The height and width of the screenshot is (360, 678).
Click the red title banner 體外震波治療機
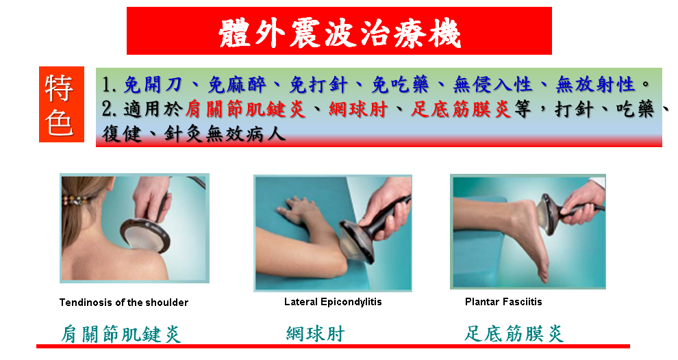(339, 31)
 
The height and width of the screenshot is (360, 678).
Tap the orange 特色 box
(62, 104)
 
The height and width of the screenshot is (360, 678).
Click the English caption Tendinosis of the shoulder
(124, 303)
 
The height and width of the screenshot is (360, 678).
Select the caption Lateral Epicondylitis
(333, 302)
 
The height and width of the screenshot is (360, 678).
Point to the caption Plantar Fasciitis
(503, 302)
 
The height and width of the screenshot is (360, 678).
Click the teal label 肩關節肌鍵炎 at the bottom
(121, 334)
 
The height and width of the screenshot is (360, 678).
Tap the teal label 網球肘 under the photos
(315, 333)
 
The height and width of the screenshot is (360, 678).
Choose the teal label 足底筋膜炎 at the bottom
(514, 333)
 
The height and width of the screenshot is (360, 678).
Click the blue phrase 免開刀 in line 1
(152, 85)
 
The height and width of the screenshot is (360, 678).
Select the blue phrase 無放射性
(595, 84)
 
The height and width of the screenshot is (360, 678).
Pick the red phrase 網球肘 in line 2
(357, 110)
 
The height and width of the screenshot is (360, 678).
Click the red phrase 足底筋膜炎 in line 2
(461, 110)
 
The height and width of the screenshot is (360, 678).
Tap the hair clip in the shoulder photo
(75, 201)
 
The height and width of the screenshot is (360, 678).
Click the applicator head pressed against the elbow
(356, 242)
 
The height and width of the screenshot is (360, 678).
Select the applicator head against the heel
(547, 214)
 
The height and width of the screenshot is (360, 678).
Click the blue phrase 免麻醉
(236, 85)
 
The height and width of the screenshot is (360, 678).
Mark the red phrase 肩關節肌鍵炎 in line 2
(246, 110)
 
